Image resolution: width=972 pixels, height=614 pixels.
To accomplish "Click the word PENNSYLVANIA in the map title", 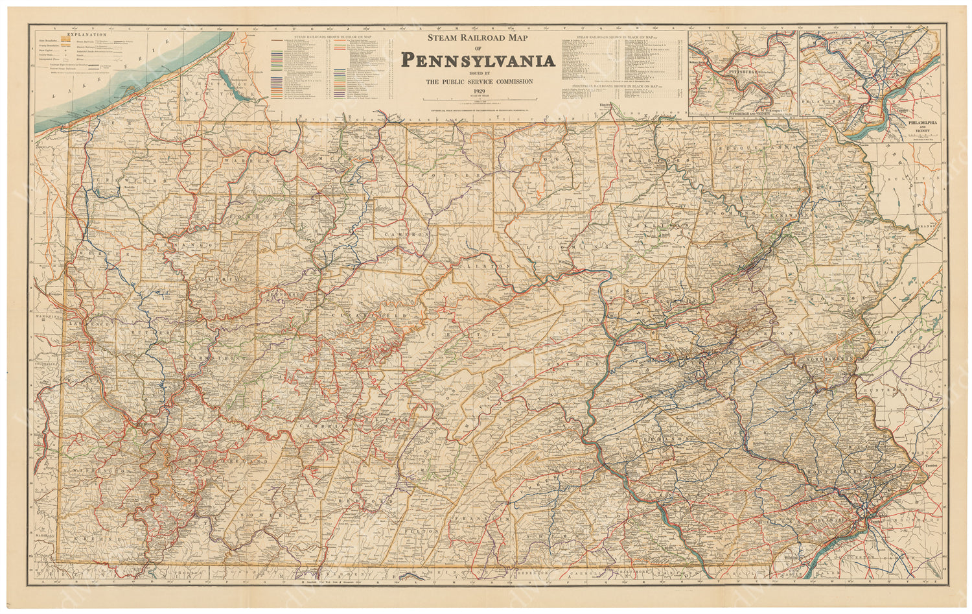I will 478,60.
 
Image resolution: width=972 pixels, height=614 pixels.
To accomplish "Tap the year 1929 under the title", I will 478,91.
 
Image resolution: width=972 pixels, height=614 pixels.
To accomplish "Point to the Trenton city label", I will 931,466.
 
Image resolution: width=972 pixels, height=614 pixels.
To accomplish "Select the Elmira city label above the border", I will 605,104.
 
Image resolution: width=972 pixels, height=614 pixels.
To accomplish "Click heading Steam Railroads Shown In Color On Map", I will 331,37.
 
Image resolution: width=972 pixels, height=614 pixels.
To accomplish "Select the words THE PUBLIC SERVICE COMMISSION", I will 478,81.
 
